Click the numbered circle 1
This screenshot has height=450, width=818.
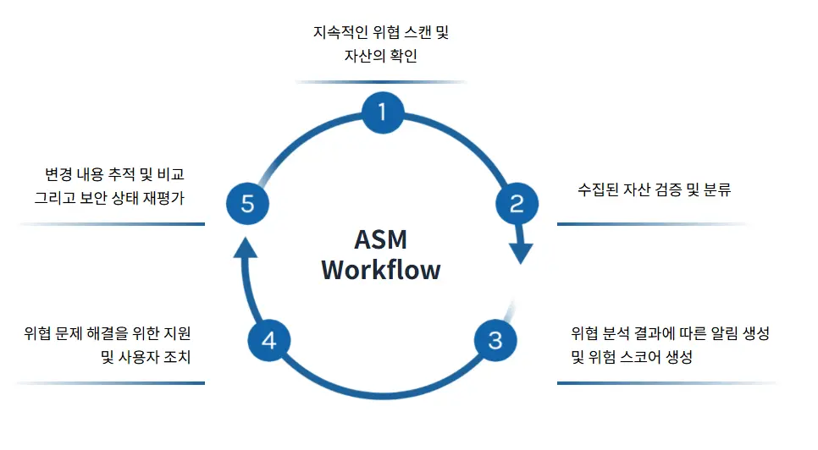tap(383, 112)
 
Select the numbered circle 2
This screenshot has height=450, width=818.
tap(517, 203)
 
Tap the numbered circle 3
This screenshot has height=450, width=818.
tap(495, 340)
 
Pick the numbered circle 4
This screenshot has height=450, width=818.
tap(269, 340)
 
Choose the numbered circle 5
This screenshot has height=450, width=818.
tap(247, 203)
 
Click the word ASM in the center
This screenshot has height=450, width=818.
tap(381, 239)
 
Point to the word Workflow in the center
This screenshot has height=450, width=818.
tap(381, 271)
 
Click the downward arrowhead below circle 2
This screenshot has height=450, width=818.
tap(522, 252)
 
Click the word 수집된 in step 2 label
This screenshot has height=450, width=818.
tap(599, 189)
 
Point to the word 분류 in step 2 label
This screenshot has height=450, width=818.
tap(717, 189)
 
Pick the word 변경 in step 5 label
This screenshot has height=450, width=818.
tap(58, 175)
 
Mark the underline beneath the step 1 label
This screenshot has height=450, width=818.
tap(381, 82)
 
